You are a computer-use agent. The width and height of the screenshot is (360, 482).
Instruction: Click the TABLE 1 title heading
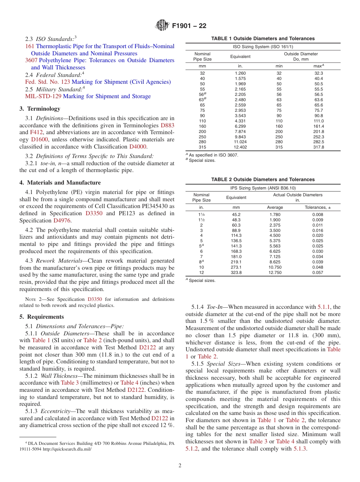click(x=263, y=39)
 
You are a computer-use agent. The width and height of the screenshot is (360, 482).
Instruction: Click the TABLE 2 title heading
click(x=263, y=180)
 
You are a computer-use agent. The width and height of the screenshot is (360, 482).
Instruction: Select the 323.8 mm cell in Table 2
click(x=236, y=272)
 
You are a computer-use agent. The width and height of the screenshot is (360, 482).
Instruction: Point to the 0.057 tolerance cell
click(x=318, y=272)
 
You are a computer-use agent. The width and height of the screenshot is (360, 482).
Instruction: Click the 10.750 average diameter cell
click(x=275, y=267)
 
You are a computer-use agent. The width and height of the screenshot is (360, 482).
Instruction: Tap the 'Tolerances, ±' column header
click(x=318, y=207)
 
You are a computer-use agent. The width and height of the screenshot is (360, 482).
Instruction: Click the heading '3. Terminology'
click(x=40, y=109)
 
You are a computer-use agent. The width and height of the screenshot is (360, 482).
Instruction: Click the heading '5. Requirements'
click(x=42, y=317)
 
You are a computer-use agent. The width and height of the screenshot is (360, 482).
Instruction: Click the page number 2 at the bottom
click(x=180, y=466)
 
